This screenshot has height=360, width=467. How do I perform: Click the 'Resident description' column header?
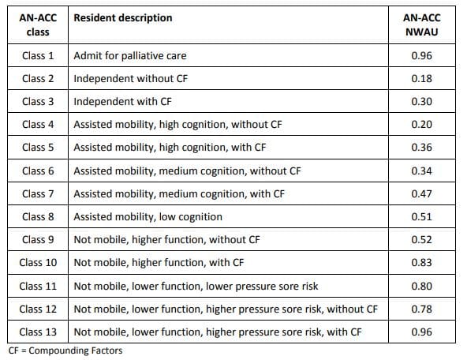[122, 18]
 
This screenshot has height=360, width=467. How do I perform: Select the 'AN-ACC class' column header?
[37, 24]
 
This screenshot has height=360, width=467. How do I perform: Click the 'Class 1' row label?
[38, 56]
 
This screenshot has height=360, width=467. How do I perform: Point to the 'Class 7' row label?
[38, 193]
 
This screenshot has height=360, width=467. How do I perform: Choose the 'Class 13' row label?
[38, 332]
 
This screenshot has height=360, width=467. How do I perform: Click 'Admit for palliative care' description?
[129, 56]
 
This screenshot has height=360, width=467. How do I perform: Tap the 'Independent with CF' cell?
[122, 102]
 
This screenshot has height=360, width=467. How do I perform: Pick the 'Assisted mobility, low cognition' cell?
[148, 216]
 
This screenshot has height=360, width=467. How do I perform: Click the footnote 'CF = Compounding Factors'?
[65, 351]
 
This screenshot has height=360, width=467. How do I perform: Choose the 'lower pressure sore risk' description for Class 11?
[197, 286]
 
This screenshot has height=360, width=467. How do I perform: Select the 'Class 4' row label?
[38, 125]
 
